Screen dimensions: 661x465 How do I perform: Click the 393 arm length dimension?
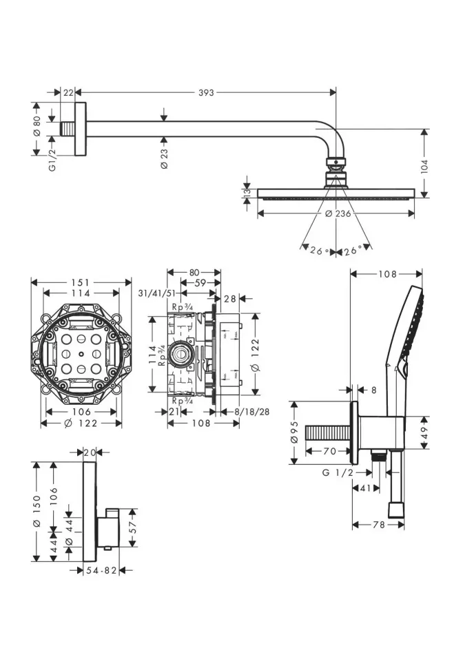click(206, 92)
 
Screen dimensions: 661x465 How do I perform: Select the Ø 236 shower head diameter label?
click(338, 214)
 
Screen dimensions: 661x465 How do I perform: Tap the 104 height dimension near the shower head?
click(425, 165)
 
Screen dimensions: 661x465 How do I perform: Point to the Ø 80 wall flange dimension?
click(37, 124)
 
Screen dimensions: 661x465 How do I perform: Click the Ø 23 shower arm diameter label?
click(164, 157)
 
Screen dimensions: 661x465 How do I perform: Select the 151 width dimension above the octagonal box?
click(82, 282)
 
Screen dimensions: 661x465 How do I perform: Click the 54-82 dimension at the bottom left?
click(102, 570)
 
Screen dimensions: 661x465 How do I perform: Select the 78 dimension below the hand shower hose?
click(378, 525)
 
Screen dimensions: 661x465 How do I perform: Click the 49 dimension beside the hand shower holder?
click(425, 433)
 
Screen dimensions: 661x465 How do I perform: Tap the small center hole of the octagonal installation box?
click(82, 354)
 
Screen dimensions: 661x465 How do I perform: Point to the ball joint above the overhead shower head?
click(335, 164)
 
